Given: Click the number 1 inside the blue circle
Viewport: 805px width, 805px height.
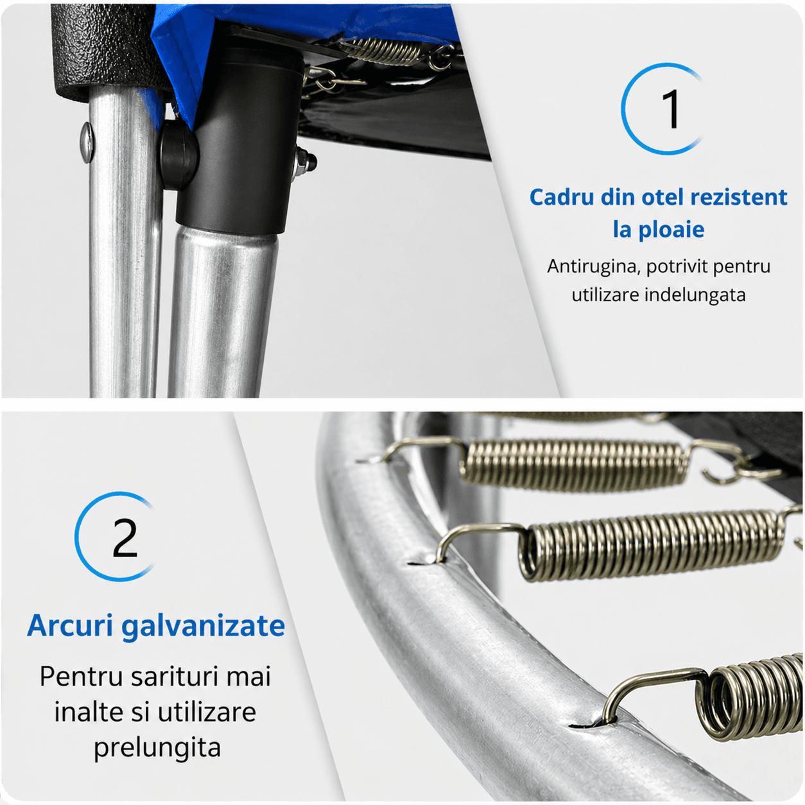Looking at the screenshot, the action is coord(671,109).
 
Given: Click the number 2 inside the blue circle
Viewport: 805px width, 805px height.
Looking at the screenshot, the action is coord(125,538).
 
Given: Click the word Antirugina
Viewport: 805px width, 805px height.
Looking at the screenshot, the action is coord(594,266).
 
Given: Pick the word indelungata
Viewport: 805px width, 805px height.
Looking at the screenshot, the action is coord(695,295).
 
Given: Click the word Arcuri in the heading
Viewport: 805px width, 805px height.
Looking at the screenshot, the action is coord(70,626).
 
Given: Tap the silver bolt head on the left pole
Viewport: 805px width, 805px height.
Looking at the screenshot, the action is coord(87,142).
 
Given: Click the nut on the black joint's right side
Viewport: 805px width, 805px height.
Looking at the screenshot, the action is coord(305,162).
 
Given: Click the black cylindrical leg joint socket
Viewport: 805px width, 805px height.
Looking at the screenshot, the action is coord(239,142).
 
